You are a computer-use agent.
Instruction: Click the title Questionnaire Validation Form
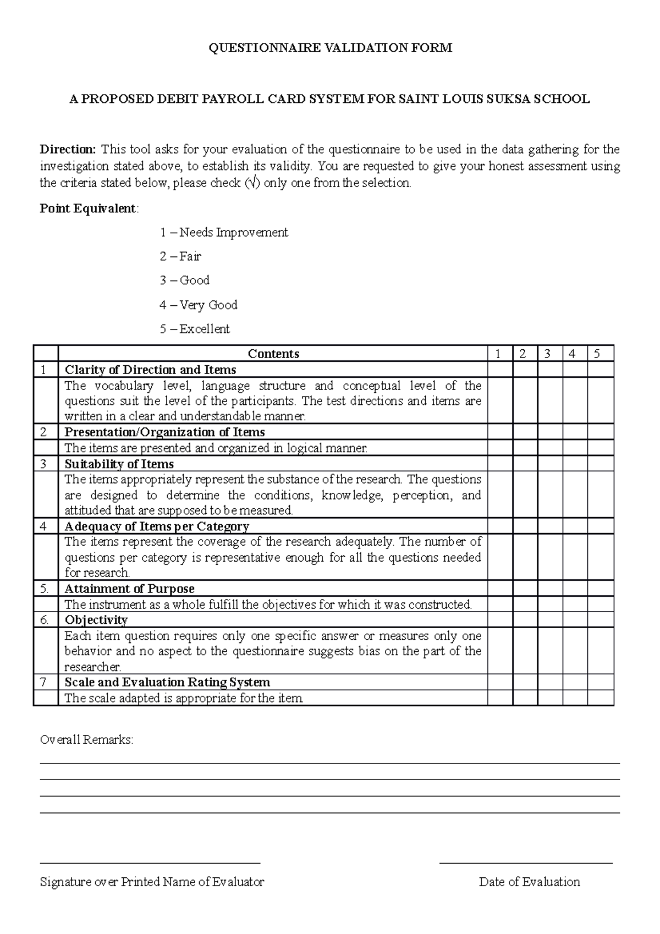(x=330, y=48)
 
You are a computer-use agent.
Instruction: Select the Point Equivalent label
(x=89, y=208)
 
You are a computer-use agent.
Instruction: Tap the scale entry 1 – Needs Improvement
(x=224, y=232)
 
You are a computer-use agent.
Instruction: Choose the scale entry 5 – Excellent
(x=195, y=329)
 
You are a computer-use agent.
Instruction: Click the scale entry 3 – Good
(x=185, y=281)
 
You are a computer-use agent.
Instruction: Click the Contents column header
(x=273, y=354)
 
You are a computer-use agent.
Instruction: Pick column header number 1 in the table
(x=498, y=354)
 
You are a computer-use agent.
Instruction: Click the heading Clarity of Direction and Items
(x=150, y=370)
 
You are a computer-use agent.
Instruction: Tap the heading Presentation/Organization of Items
(x=164, y=432)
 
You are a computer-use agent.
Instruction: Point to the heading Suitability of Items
(x=119, y=464)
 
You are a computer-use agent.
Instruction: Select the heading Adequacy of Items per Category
(x=157, y=526)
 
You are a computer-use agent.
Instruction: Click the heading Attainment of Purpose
(x=129, y=589)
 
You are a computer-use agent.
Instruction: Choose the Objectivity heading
(x=96, y=620)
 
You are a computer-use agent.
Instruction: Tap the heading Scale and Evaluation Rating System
(x=167, y=682)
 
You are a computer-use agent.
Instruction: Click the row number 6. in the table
(x=45, y=620)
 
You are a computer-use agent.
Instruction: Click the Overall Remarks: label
(x=86, y=740)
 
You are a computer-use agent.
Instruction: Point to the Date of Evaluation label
(x=529, y=882)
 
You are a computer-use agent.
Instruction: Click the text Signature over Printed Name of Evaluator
(x=152, y=882)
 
